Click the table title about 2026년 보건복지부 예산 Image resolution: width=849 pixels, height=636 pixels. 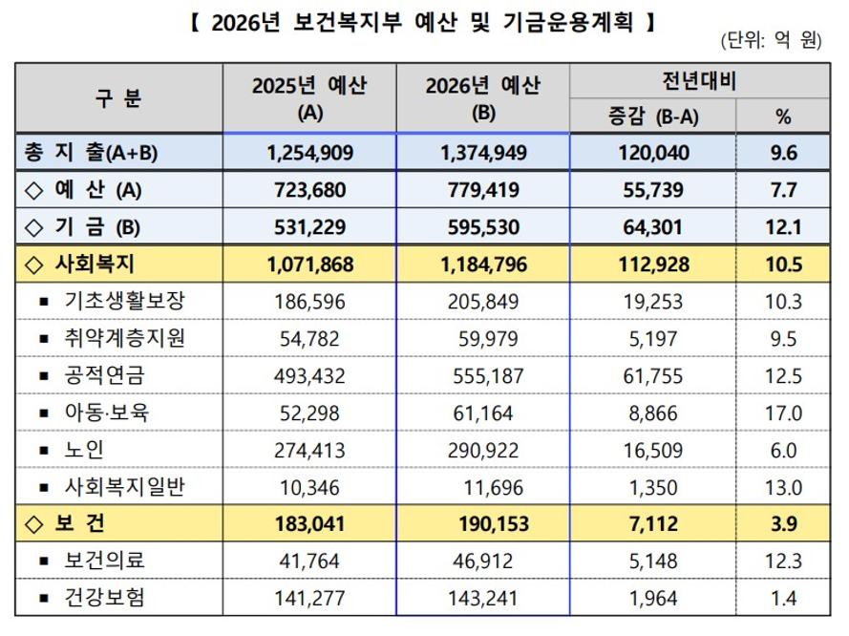[x=424, y=20]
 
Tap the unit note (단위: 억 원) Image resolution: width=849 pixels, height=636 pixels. [x=772, y=43]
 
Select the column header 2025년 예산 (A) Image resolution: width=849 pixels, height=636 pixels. [x=309, y=97]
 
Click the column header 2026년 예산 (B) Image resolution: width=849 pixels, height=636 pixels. [x=482, y=97]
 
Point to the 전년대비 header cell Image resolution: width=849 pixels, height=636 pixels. [x=698, y=81]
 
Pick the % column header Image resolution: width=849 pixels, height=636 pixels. [x=783, y=117]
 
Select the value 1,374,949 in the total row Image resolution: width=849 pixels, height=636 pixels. [x=482, y=153]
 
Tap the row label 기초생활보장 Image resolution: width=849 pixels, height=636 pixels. [x=124, y=301]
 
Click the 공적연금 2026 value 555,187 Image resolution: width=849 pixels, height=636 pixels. [x=482, y=375]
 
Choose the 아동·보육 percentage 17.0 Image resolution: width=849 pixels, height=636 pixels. [x=783, y=413]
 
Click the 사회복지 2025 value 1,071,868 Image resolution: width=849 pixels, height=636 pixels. [x=308, y=264]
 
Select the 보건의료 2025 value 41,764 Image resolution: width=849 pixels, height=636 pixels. [x=308, y=562]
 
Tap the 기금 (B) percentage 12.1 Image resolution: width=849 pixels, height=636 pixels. [x=783, y=226]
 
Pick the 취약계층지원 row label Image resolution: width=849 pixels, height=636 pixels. [x=124, y=338]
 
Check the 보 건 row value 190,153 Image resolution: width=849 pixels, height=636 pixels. [x=482, y=524]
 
